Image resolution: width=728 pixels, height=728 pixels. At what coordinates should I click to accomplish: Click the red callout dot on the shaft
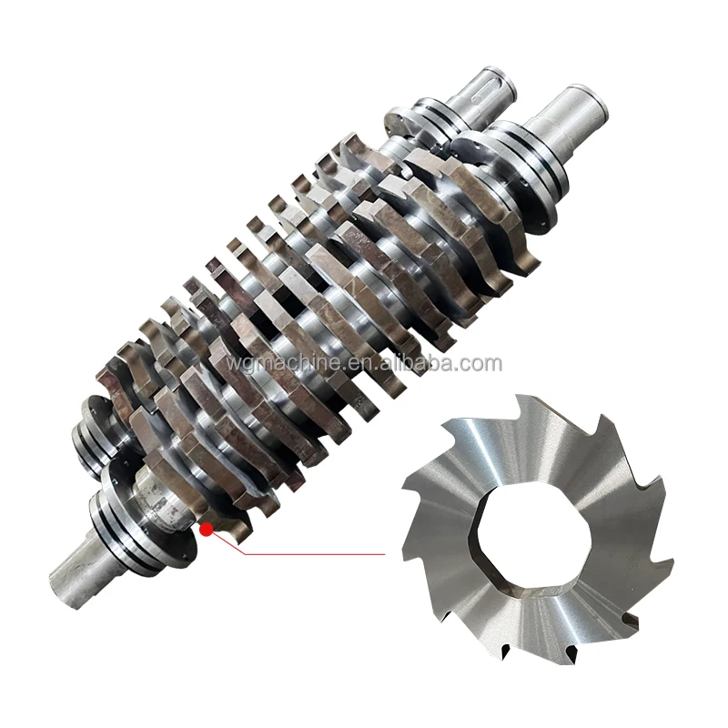pos(206,529)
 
